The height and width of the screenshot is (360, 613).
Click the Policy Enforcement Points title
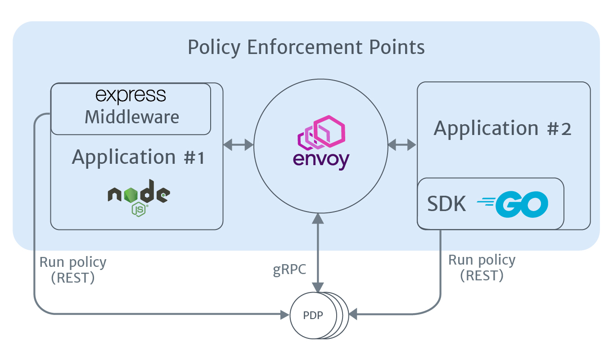(306, 47)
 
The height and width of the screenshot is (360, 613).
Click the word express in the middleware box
(131, 95)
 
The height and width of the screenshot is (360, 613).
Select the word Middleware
(132, 117)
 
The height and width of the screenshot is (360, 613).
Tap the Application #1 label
(138, 157)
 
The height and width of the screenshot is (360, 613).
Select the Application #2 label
(503, 129)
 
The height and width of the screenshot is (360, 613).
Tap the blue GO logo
(513, 204)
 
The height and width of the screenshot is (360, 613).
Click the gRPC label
(290, 270)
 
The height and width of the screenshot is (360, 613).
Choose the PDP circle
(314, 315)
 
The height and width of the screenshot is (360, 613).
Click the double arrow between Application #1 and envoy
(239, 145)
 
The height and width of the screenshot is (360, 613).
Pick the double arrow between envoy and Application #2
(402, 145)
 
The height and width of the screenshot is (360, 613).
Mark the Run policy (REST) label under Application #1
(73, 270)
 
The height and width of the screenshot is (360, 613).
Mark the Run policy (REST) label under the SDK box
(482, 267)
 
